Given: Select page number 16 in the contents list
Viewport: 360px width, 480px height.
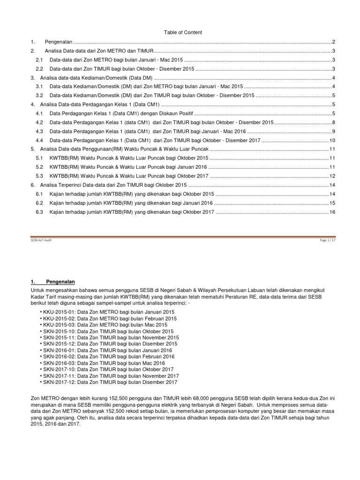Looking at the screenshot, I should tap(332, 212).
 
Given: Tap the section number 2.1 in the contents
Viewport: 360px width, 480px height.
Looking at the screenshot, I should tap(39, 60).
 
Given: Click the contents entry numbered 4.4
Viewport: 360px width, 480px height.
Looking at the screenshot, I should tap(155, 140).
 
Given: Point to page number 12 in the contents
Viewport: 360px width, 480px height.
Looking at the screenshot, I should tap(332, 176).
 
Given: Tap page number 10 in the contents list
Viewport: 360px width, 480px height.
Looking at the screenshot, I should tap(332, 140).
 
